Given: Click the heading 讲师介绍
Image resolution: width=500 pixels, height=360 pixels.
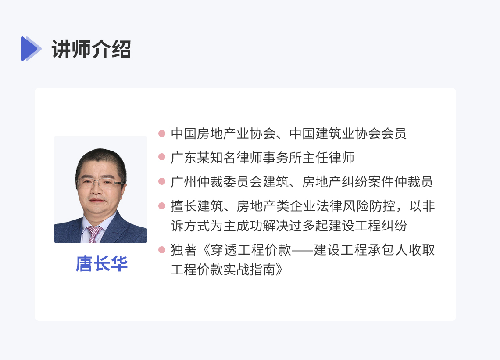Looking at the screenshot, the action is [x=91, y=49].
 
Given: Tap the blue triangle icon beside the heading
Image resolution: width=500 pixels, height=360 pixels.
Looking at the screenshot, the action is [x=31, y=49].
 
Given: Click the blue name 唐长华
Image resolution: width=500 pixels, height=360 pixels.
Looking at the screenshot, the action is [x=102, y=263].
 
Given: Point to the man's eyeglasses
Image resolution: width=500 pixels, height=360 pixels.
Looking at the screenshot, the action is [x=100, y=183].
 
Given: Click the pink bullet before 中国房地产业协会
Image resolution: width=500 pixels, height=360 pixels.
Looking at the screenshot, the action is [x=162, y=133].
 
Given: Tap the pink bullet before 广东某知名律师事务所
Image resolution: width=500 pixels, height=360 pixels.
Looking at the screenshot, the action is [x=162, y=157].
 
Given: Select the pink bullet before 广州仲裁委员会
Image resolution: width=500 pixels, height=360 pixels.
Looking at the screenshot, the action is [x=162, y=181].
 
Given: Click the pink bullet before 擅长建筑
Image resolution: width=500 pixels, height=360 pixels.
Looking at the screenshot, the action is [x=162, y=205].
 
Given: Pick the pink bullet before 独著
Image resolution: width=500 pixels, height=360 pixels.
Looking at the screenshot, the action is [x=162, y=249].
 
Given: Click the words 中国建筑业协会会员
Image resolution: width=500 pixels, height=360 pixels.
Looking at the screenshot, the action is [x=348, y=133].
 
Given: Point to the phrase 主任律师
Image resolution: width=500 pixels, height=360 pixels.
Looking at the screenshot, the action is [x=329, y=158].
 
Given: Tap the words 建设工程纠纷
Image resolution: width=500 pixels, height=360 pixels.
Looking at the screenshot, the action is [x=368, y=226].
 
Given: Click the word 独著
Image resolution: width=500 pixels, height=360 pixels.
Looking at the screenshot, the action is [x=184, y=250].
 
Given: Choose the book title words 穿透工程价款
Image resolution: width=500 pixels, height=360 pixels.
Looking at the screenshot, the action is [x=251, y=250].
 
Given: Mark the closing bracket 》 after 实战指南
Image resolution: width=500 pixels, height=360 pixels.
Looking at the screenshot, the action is [x=280, y=270].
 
